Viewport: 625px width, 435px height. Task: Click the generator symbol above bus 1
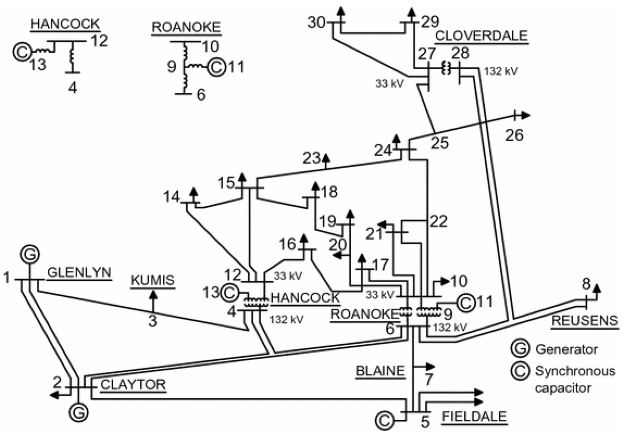pos(30,254)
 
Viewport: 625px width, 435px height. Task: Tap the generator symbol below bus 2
pos(79,413)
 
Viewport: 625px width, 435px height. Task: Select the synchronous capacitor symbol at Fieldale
pos(384,421)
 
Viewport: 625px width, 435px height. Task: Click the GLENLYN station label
pos(79,273)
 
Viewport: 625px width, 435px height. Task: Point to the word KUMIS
pos(153,280)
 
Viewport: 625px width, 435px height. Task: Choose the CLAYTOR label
pos(133,385)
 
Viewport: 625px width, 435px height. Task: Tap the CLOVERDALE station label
pos(481,36)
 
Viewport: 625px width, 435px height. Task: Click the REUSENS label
pos(584,320)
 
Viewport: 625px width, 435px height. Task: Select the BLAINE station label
pos(380,371)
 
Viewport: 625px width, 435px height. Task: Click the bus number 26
pos(514,135)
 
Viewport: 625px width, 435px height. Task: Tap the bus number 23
pos(311,158)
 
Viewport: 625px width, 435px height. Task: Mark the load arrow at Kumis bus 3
pos(153,296)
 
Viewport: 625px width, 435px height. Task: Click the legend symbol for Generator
pos(520,349)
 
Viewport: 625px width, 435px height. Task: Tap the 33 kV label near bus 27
pos(389,83)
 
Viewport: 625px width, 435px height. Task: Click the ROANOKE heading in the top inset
pos(186,27)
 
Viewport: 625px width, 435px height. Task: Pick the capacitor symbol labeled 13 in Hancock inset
pos(22,52)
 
